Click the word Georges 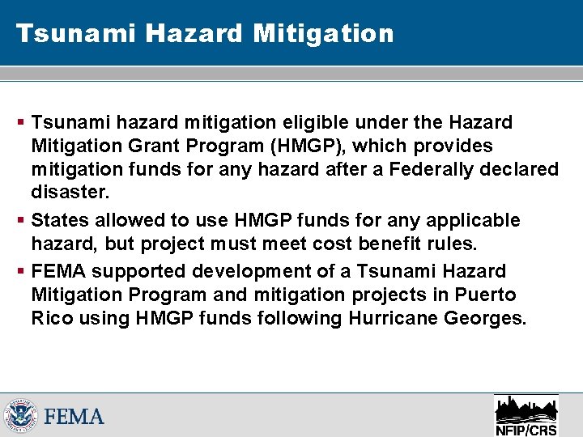click(486, 318)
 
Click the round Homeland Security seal click(21, 416)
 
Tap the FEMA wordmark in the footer click(74, 417)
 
